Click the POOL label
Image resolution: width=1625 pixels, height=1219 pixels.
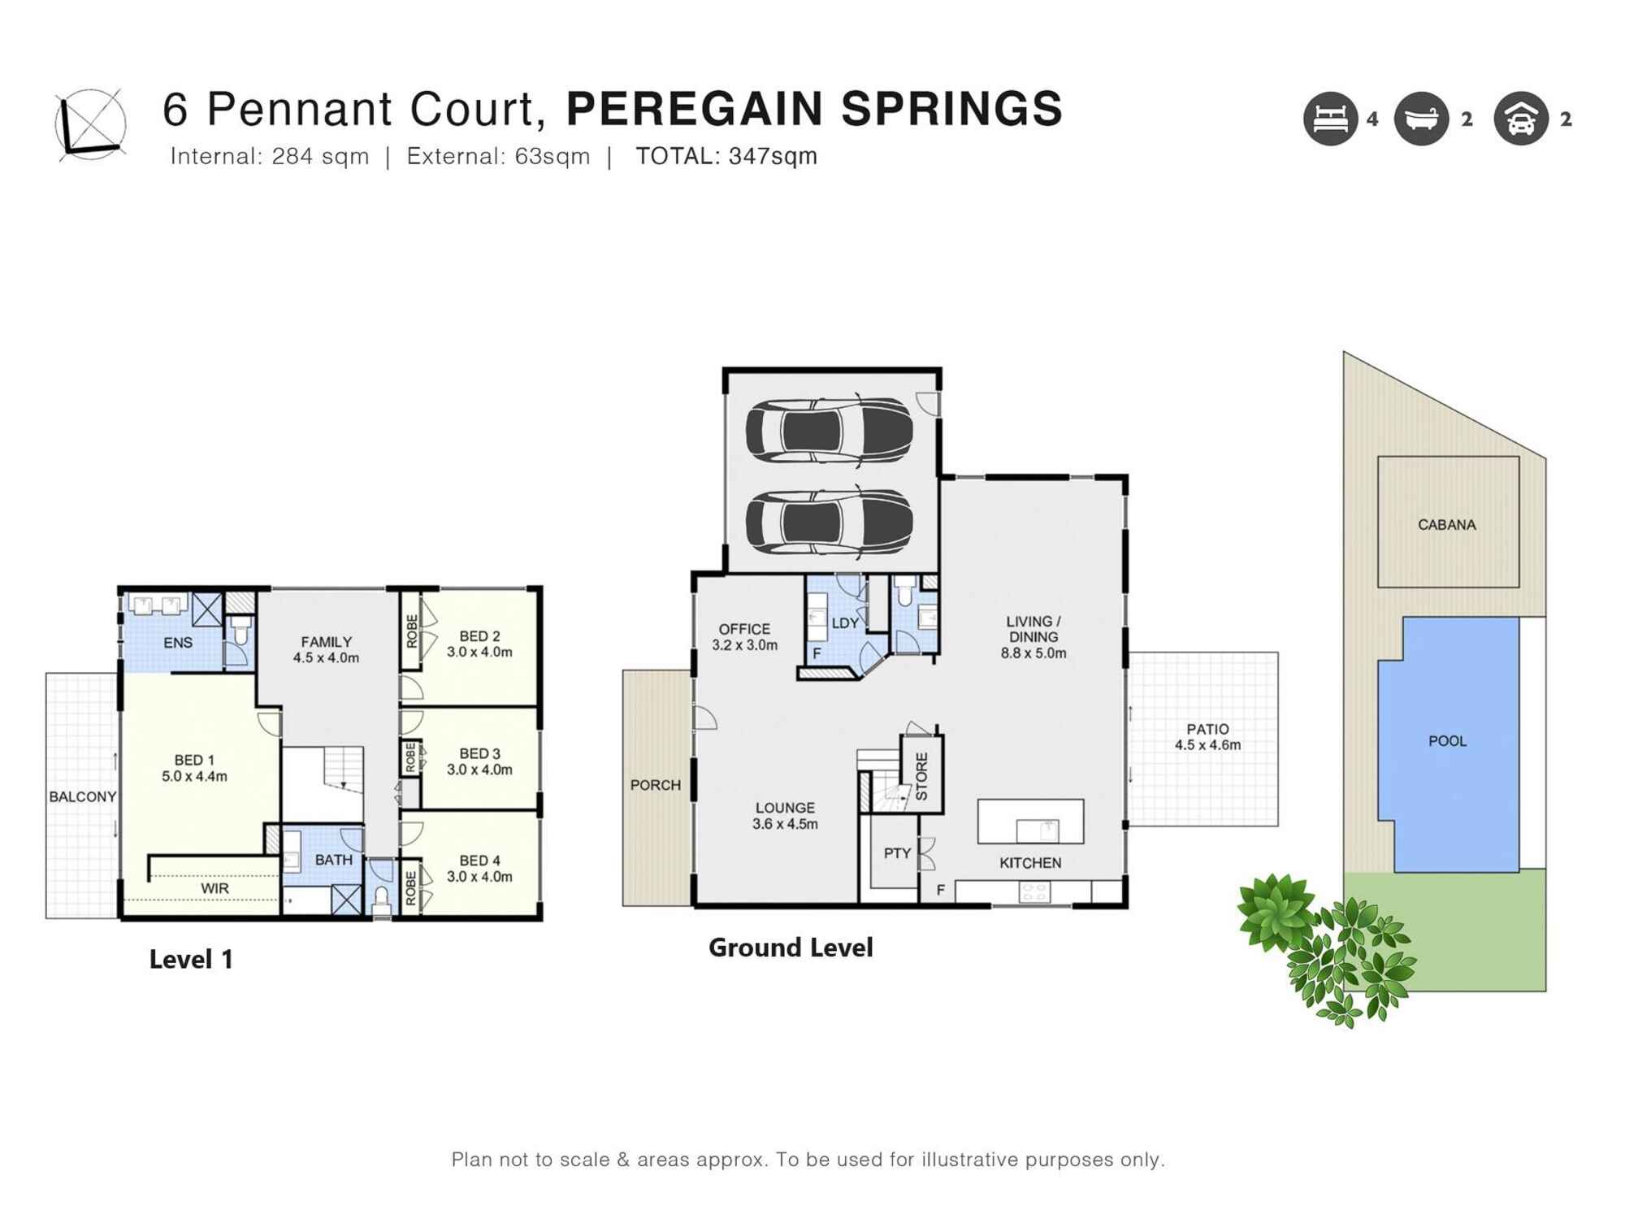(1447, 741)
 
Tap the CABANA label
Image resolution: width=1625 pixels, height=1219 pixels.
(1446, 525)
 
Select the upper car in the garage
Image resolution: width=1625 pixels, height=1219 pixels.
(829, 431)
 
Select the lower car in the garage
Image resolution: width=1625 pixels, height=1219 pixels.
(829, 523)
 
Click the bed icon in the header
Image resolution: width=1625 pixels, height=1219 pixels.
(1330, 119)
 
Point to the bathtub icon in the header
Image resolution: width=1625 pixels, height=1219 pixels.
(1421, 119)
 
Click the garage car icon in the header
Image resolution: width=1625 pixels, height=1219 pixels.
(1520, 119)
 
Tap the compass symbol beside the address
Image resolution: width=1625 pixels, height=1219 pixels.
(90, 124)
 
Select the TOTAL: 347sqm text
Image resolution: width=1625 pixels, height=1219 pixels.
(726, 156)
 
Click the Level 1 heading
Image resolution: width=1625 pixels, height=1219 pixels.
(191, 959)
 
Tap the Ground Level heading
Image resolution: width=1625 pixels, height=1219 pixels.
(791, 948)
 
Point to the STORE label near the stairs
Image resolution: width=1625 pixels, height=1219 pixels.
(921, 776)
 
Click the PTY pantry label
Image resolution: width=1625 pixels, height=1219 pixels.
(896, 853)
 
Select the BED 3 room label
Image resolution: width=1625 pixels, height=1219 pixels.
(479, 761)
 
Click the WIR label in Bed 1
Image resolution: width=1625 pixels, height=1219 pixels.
(214, 889)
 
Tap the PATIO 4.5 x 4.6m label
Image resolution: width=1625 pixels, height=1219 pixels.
(1207, 737)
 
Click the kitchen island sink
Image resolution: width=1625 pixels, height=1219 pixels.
(1038, 831)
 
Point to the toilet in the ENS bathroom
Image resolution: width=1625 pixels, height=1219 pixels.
(240, 631)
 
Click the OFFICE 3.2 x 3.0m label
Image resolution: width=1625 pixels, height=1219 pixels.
(744, 637)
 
